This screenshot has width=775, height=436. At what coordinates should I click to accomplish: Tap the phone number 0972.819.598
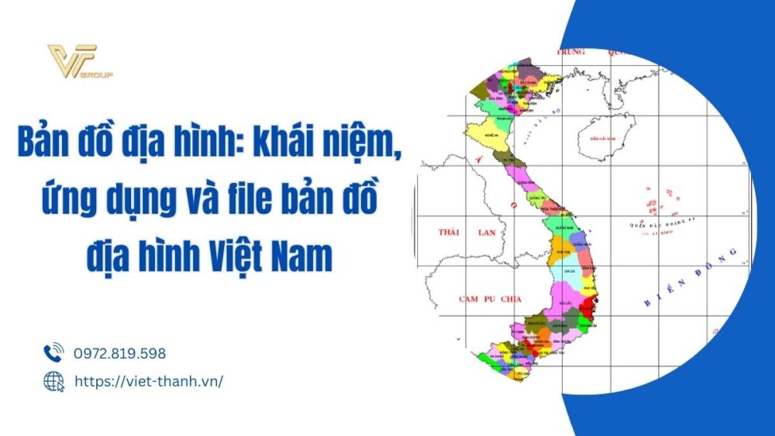coord(119,353)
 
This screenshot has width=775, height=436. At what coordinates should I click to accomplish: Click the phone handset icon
coord(53,353)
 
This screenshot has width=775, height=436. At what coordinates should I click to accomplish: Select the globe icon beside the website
coord(53,380)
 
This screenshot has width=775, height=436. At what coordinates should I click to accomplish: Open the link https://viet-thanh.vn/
coord(148,381)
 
